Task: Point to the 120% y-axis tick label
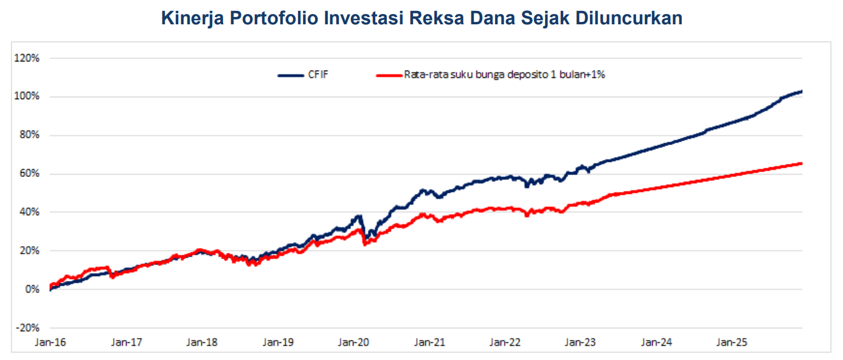click(x=27, y=58)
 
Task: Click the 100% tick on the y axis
click(x=27, y=97)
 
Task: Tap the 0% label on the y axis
click(x=32, y=289)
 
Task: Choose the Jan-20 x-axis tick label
click(x=353, y=342)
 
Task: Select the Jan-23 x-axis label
click(x=581, y=342)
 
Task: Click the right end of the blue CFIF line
click(x=802, y=91)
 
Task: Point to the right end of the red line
click(x=802, y=163)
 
